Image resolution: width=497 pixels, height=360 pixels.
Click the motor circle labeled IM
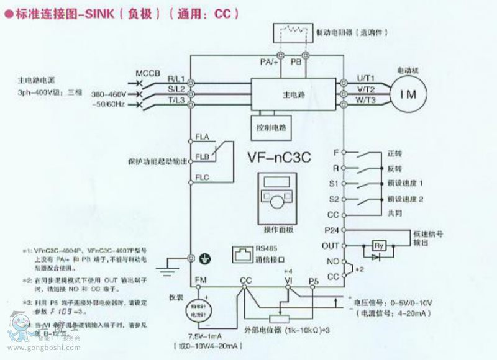pos(409,94)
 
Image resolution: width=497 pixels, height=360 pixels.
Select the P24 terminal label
pos(330,230)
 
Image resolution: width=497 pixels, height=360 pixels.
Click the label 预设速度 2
pos(404,199)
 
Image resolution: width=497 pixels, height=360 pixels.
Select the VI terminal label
pos(288,281)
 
